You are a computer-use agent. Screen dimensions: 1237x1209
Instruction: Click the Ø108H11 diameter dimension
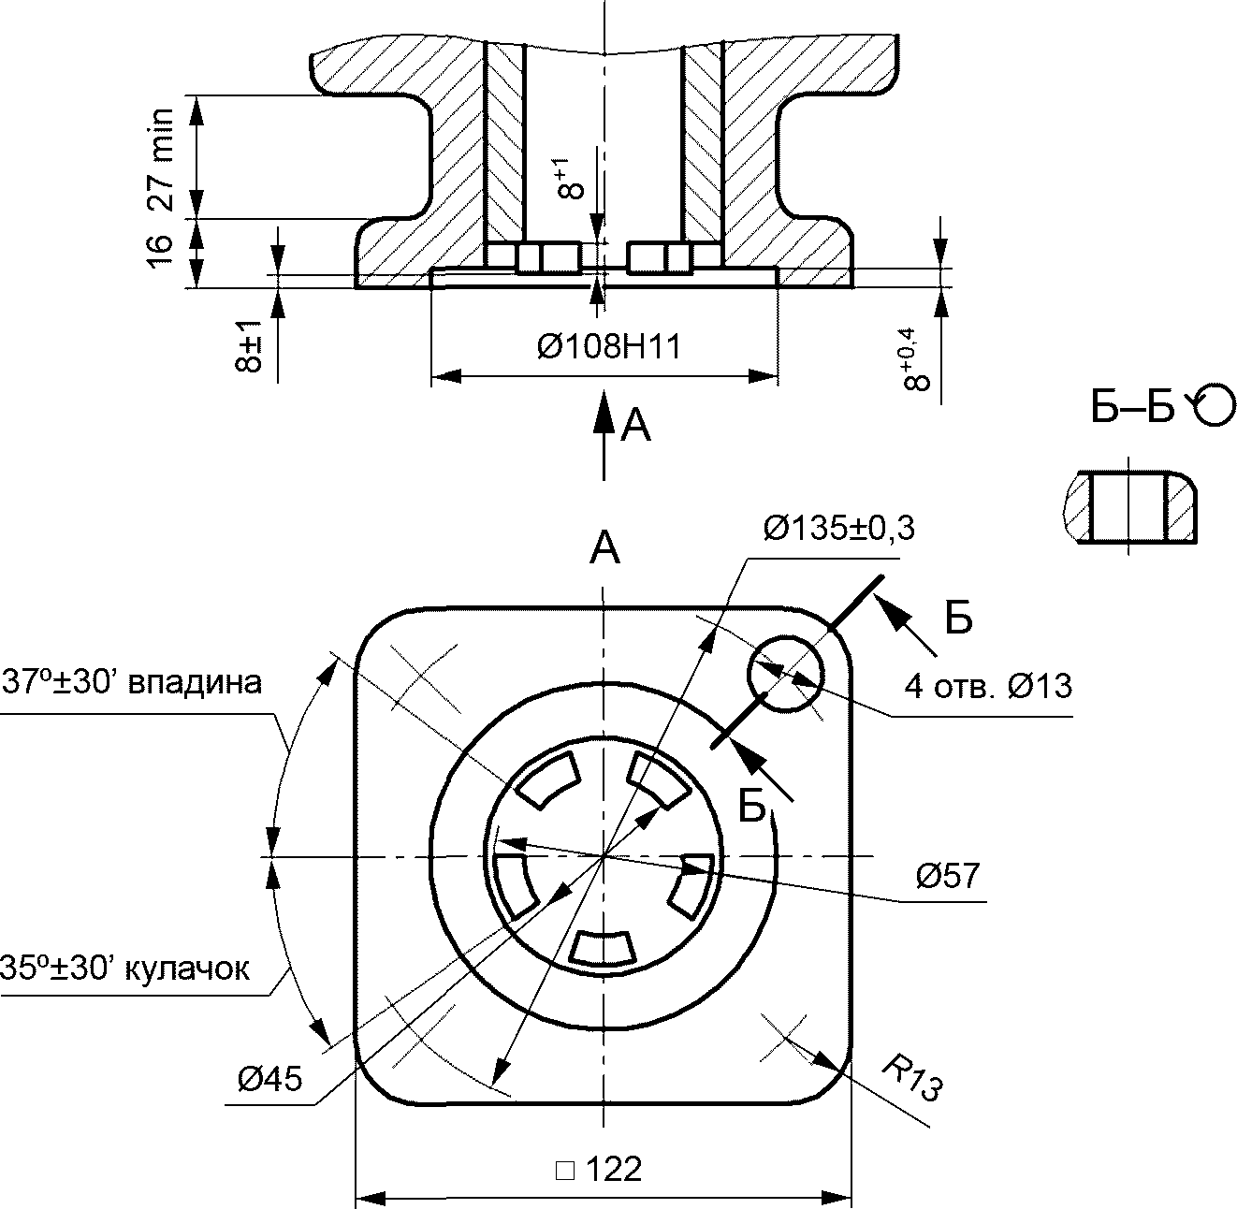coord(609,347)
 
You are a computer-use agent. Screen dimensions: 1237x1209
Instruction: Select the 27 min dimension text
coord(161,160)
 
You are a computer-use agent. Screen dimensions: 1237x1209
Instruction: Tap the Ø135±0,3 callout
coord(839,528)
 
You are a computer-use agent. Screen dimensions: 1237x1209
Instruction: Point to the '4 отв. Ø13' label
coord(988,686)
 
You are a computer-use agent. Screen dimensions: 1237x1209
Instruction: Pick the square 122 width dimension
coord(599,1169)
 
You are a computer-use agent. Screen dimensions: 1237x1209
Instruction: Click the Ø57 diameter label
coord(948,875)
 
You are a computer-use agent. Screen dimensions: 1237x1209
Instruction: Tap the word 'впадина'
coord(196,683)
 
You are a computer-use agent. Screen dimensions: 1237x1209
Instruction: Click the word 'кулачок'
coord(187,969)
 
